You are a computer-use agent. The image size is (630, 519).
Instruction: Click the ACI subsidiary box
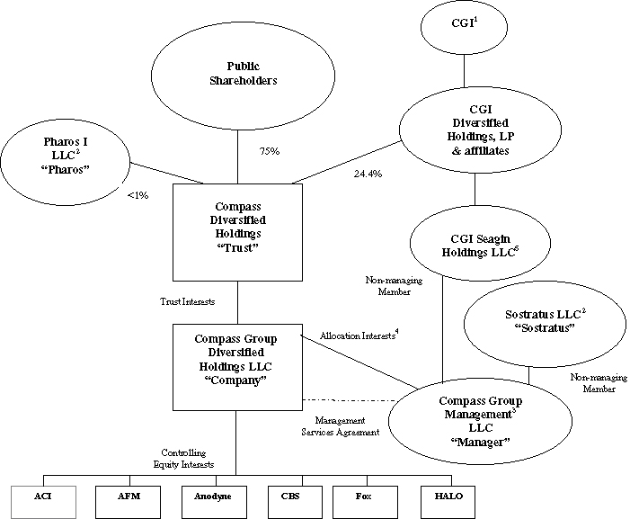pyautogui.click(x=43, y=502)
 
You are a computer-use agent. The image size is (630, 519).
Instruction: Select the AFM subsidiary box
pyautogui.click(x=129, y=502)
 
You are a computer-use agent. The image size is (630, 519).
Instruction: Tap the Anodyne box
pyautogui.click(x=214, y=502)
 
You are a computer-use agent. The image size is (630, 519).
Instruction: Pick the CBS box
pyautogui.click(x=296, y=502)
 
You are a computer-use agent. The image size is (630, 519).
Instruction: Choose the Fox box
pyautogui.click(x=365, y=502)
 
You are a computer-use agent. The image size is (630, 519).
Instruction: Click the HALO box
pyautogui.click(x=448, y=502)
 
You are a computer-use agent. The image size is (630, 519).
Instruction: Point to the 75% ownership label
pyautogui.click(x=270, y=151)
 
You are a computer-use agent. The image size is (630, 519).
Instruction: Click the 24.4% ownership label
pyautogui.click(x=368, y=174)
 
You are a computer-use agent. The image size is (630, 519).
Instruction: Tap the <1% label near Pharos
pyautogui.click(x=138, y=195)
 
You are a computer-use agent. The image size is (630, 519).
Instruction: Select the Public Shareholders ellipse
pyautogui.click(x=243, y=76)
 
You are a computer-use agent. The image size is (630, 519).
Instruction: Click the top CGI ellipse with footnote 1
pyautogui.click(x=464, y=27)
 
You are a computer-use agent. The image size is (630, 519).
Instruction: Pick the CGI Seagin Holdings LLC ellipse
pyautogui.click(x=480, y=244)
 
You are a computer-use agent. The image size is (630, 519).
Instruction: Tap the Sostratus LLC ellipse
pyautogui.click(x=545, y=324)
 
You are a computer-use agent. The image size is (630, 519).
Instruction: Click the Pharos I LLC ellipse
pyautogui.click(x=66, y=162)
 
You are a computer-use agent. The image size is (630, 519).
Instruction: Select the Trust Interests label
pyautogui.click(x=187, y=301)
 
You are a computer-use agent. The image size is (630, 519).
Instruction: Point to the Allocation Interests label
pyautogui.click(x=359, y=335)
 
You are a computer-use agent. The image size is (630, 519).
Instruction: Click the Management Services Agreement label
pyautogui.click(x=341, y=426)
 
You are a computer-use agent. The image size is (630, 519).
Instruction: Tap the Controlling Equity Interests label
pyautogui.click(x=183, y=459)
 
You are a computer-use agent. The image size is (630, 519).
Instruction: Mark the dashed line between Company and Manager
pyautogui.click(x=350, y=400)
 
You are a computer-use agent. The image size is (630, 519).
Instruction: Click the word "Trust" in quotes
pyautogui.click(x=237, y=247)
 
